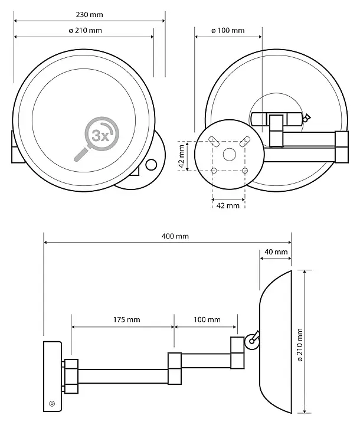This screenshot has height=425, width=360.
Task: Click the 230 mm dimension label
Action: (90, 14)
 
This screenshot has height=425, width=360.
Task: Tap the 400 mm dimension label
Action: (175, 236)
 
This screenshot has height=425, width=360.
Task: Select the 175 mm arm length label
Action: (127, 319)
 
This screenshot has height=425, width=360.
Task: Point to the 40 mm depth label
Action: (276, 252)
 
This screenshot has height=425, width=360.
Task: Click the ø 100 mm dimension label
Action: (228, 30)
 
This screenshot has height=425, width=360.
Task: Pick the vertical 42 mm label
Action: (182, 156)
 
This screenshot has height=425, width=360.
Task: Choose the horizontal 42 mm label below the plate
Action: (228, 206)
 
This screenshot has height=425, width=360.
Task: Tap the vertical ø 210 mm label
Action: (300, 345)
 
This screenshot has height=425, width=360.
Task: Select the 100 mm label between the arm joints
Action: (207, 319)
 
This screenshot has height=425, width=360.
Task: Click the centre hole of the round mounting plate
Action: (230, 154)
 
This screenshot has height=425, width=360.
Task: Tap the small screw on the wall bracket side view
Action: (52, 404)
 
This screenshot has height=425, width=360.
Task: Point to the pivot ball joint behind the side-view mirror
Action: (252, 342)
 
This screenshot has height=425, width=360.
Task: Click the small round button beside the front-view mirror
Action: (151, 165)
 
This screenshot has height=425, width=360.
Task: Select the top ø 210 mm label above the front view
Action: (86, 30)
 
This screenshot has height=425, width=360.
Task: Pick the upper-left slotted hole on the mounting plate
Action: (213, 141)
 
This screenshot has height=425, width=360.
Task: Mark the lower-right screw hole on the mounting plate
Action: (245, 171)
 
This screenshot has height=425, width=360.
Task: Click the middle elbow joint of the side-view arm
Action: (175, 368)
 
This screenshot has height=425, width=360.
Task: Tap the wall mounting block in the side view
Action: (53, 377)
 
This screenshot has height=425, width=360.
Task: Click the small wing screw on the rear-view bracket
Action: (307, 118)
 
